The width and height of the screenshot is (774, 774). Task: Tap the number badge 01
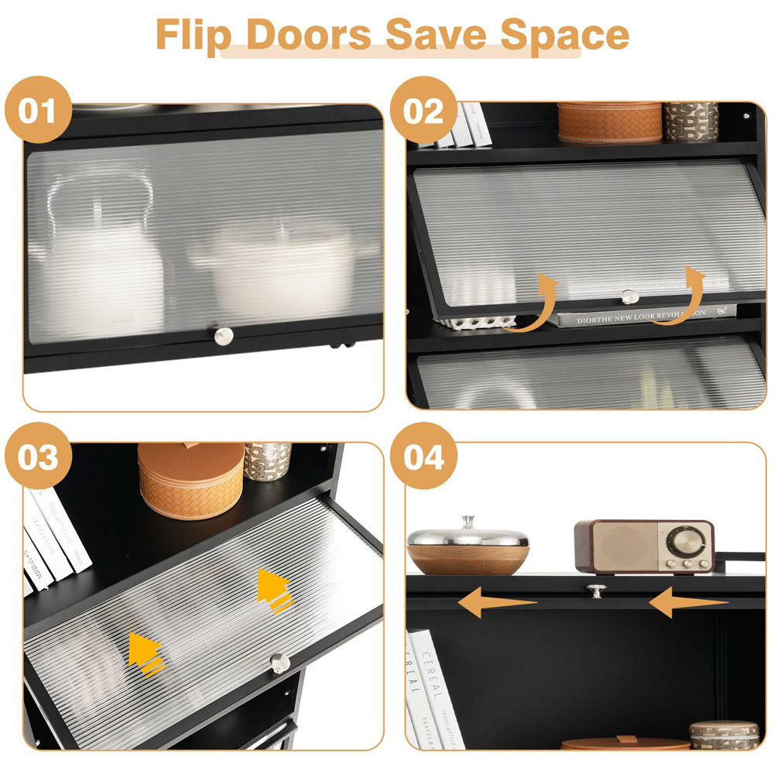[x=37, y=111]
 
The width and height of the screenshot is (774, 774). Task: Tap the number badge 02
[x=423, y=111]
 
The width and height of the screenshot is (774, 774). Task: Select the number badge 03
[x=38, y=456]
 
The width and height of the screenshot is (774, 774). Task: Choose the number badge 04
[x=423, y=456]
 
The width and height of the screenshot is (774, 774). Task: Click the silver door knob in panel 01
[x=224, y=335]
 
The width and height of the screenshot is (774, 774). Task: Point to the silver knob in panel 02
[x=630, y=296]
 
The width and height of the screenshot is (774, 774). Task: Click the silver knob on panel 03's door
[x=279, y=662]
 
